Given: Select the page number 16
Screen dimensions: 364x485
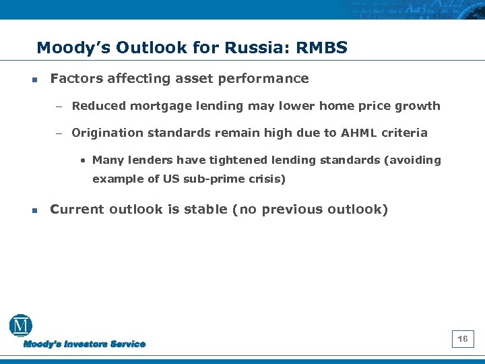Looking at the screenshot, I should pos(463,339).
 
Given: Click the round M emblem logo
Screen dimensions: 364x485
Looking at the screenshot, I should pos(20,326).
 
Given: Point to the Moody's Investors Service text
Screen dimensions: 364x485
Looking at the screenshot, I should pos(85,344).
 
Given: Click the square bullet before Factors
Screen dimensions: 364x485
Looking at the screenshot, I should pos(34,80).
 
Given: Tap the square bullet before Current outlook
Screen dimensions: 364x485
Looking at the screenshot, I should pos(34,210).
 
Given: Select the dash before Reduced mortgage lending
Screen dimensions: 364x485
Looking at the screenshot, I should pos(59,107).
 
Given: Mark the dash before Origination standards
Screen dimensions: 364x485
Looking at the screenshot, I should pos(59,133).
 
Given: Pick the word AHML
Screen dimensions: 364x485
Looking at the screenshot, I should pos(359,133).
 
